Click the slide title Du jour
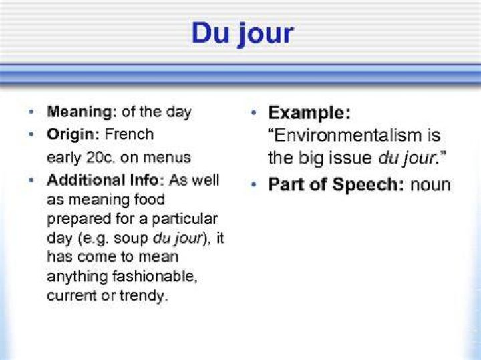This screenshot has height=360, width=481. [243, 34]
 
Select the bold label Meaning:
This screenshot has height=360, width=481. [82, 112]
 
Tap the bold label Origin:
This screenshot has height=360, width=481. [73, 135]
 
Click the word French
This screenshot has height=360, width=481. [129, 134]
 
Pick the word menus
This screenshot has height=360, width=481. [167, 158]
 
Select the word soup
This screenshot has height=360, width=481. [131, 239]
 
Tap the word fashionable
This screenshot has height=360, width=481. [154, 276]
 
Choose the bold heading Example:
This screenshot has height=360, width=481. [309, 113]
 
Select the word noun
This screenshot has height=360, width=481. [430, 185]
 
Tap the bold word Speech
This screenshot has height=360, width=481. [367, 185]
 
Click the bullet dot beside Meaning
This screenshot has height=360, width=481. [31, 112]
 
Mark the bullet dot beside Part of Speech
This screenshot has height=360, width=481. [253, 184]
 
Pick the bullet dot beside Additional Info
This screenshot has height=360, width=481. [31, 180]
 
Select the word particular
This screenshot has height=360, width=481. [184, 220]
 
